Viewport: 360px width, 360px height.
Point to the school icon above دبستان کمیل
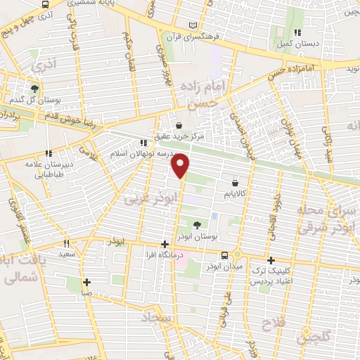click(298, 32)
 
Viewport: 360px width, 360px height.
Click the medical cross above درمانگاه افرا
click(165, 244)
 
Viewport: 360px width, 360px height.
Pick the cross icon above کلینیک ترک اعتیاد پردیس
click(271, 260)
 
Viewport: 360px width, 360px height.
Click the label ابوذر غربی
click(143, 198)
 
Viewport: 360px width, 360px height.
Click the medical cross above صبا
click(86, 282)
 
